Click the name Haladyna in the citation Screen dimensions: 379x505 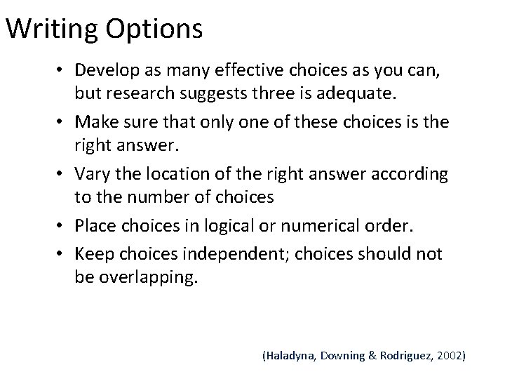[289, 356]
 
